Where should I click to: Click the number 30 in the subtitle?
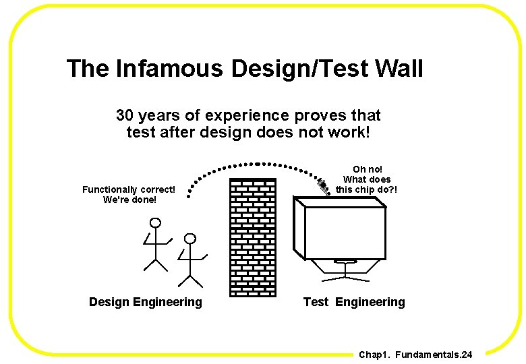point(125,115)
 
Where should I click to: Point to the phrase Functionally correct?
point(129,189)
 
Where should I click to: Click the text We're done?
point(129,200)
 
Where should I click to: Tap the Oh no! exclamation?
point(368,169)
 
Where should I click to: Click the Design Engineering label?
point(145,302)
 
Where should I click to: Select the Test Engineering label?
point(354,302)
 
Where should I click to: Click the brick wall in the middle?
point(253,237)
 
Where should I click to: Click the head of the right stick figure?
point(191,239)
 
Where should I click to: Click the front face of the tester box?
point(345,233)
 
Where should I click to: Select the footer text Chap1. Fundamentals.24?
point(415,355)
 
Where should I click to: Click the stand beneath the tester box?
point(345,270)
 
